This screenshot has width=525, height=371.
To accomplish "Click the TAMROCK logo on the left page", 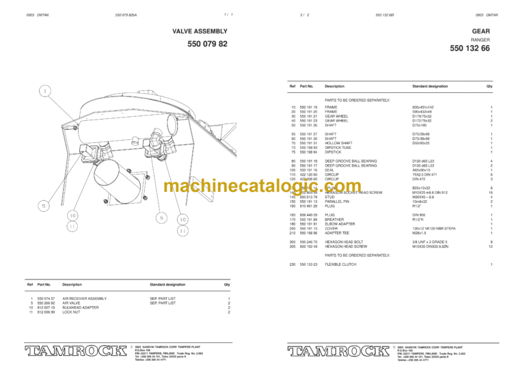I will click(72, 352).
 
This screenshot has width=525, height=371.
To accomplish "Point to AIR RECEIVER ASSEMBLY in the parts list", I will click(84, 298).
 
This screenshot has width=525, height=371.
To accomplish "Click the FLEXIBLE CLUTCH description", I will click(340, 264).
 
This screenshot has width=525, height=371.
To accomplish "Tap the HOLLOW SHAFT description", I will click(338, 142).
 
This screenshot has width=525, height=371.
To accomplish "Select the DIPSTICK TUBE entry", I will click(338, 147).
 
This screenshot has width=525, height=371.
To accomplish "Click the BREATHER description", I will click(335, 219).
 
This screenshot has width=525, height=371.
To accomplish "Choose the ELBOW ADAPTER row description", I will click(340, 223).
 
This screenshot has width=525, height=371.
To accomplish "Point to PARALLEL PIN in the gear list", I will click(338, 202).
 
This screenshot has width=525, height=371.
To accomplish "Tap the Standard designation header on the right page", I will click(430, 87).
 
